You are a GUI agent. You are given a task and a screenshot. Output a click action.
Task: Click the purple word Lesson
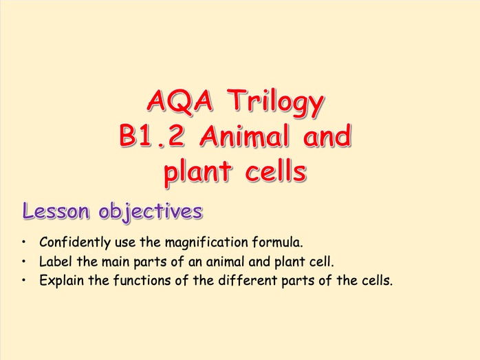pos(57,211)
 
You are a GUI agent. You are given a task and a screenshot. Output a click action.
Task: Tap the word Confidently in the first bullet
pos(75,242)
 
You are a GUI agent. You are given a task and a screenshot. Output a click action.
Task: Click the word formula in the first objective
pos(279,242)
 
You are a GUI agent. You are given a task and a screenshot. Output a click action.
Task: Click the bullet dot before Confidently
pos(25,243)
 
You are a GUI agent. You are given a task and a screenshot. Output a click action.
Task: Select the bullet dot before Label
pos(25,262)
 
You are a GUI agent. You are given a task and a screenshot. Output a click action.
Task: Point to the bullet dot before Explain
pos(25,281)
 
